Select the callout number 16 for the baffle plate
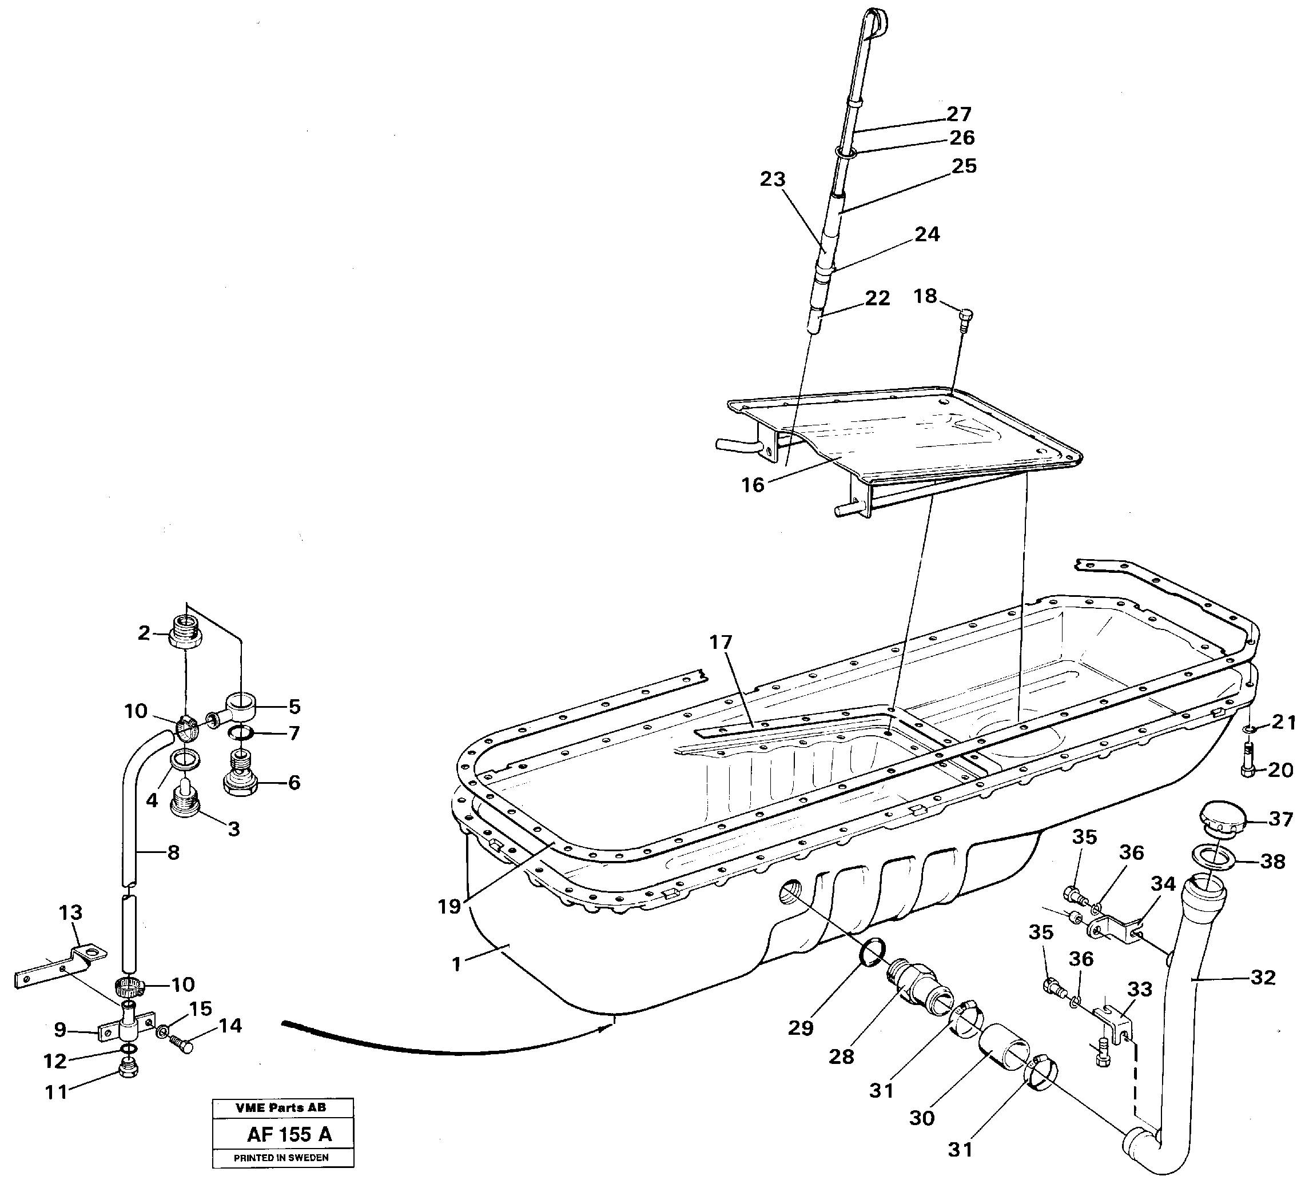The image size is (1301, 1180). (x=753, y=485)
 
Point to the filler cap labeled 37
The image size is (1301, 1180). (x=1219, y=819)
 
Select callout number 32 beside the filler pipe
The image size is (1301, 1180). (x=1263, y=978)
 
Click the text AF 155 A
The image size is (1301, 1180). (x=289, y=1134)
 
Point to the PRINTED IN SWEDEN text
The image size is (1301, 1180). (x=281, y=1158)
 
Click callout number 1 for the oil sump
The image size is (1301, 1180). (x=457, y=965)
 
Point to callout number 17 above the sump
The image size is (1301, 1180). (x=721, y=642)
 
